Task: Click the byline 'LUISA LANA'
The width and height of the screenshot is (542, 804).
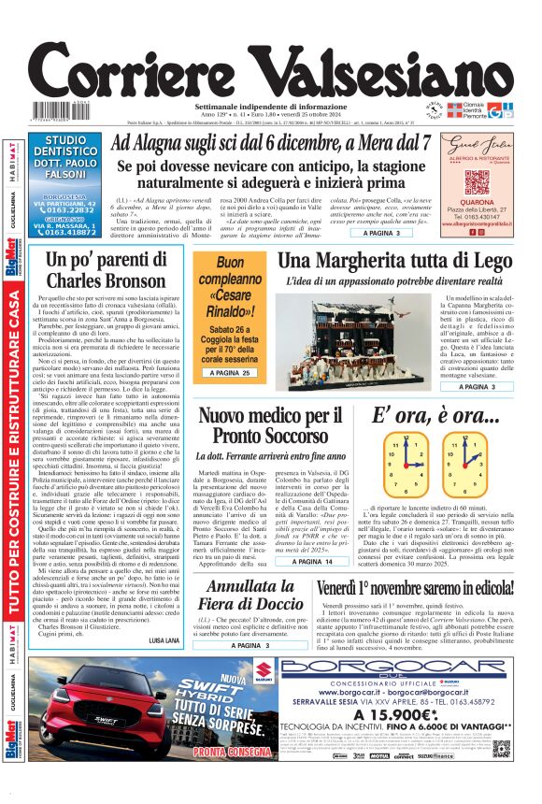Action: [x=163, y=639]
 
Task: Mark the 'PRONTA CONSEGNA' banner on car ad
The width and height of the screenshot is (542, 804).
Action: [x=211, y=778]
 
